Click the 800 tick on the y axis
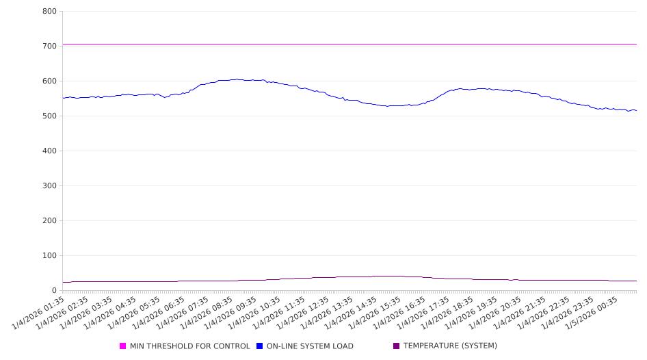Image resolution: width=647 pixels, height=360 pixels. [x=49, y=11]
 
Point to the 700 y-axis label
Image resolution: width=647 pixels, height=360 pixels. [x=49, y=46]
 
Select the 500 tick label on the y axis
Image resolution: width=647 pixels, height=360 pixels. [x=49, y=116]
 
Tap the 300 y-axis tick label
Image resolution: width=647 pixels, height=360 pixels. [x=49, y=185]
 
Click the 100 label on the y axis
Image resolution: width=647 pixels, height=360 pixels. [x=49, y=255]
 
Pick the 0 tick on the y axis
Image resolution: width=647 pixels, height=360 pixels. [x=54, y=290]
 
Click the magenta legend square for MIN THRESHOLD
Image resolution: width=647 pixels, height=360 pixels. [x=123, y=346]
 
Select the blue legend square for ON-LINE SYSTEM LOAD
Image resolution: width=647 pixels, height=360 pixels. [x=260, y=346]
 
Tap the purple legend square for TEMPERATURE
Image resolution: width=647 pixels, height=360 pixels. [x=397, y=346]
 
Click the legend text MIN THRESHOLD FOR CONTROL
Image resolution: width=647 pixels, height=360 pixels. [x=189, y=346]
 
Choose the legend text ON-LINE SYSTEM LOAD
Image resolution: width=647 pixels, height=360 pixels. [x=310, y=346]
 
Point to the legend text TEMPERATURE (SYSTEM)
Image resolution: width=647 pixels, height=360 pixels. [x=450, y=346]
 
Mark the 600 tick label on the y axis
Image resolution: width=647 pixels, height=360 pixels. [x=49, y=81]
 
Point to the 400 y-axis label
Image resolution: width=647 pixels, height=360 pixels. [x=49, y=151]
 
